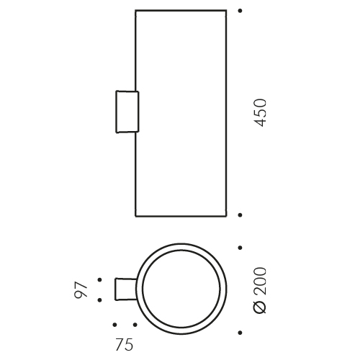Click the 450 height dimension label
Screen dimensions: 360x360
[260, 113]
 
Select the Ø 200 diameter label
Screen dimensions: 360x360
[260, 290]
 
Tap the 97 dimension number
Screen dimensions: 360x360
[81, 290]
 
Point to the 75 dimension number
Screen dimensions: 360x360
[124, 344]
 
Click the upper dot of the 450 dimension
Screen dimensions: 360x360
[240, 11]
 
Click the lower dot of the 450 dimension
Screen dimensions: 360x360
[240, 215]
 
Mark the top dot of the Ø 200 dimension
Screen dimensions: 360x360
[240, 248]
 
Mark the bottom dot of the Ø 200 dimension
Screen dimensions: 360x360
[240, 333]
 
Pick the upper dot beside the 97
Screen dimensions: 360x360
[99, 279]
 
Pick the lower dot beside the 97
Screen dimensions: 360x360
[99, 300]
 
